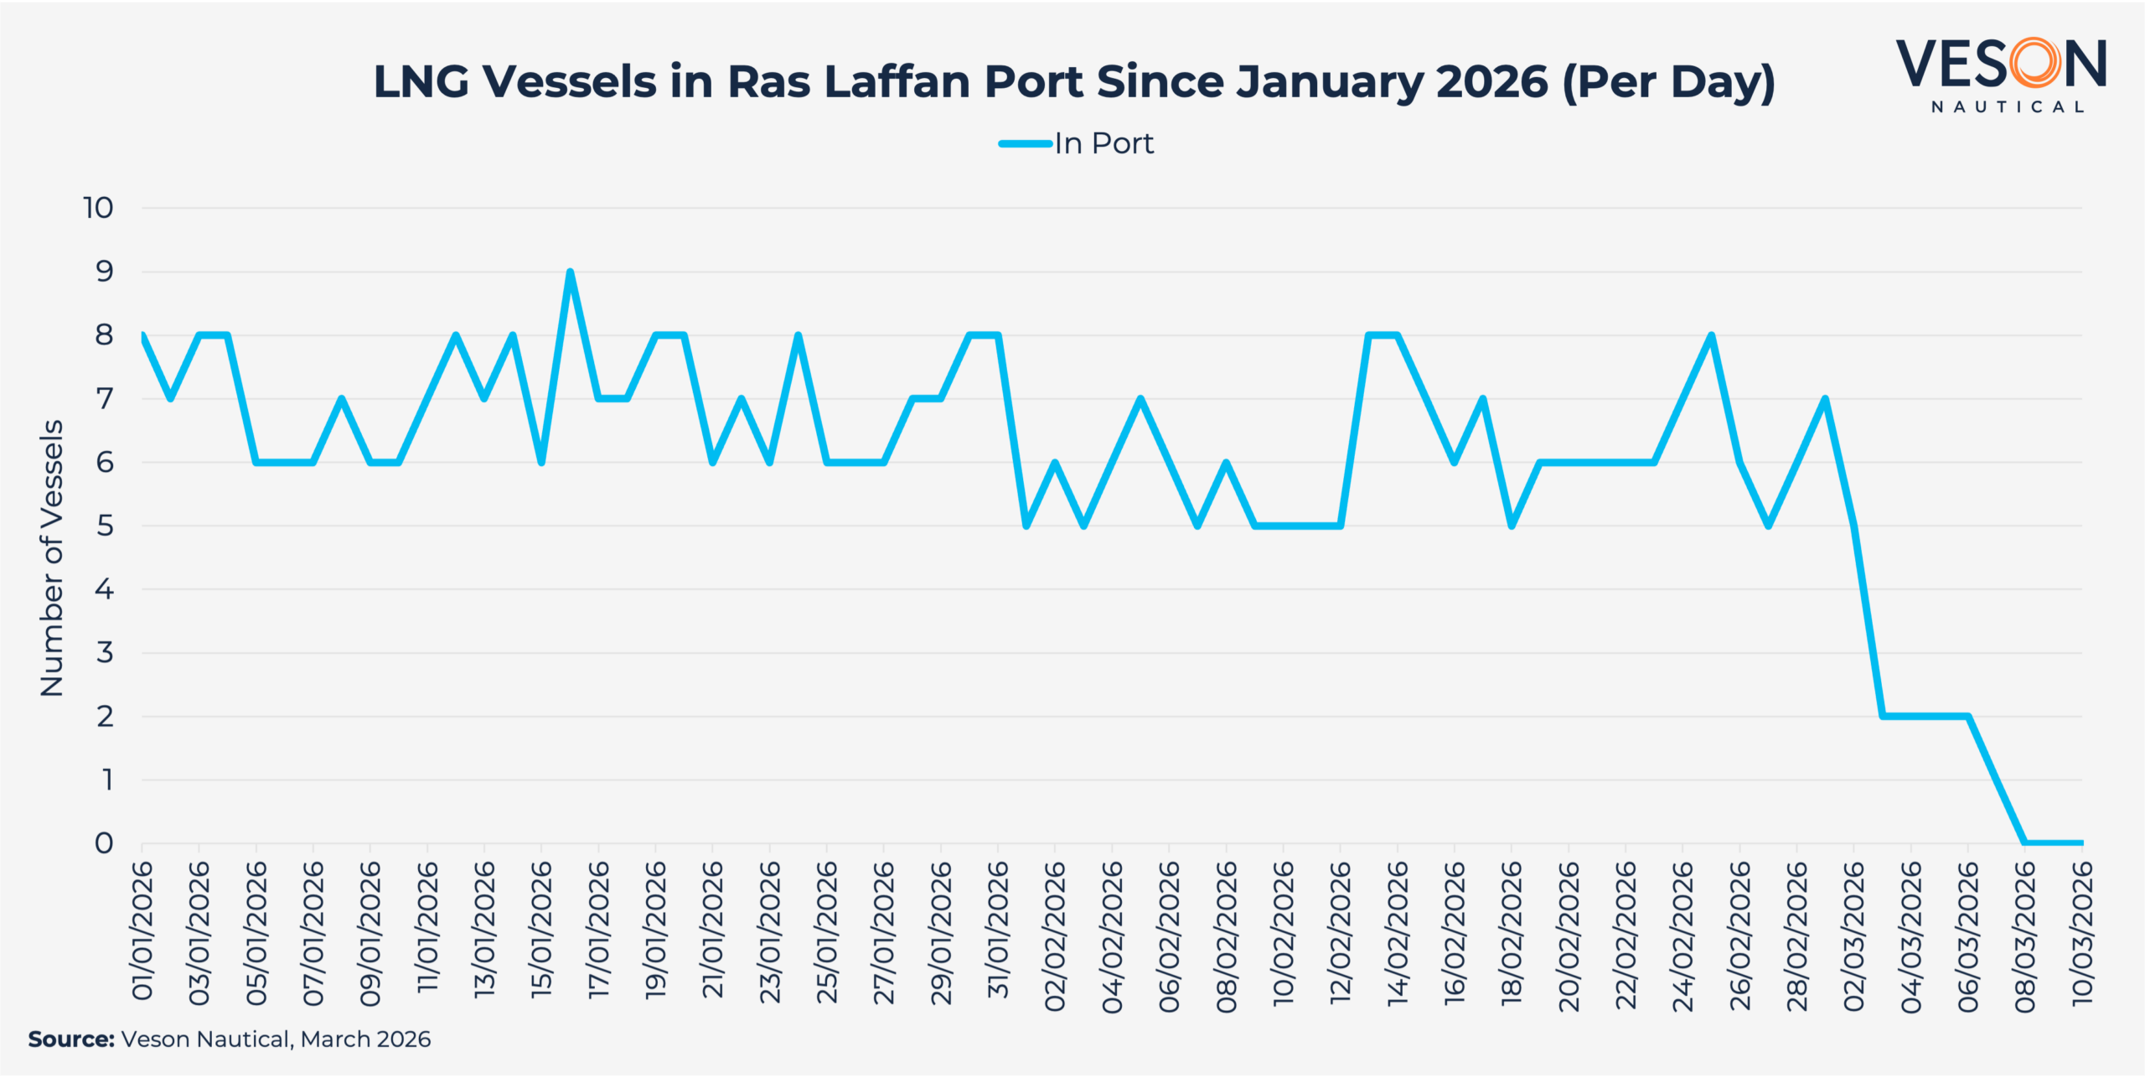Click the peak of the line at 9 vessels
pos(570,272)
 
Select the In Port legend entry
pos(1077,144)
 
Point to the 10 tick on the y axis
pos(98,208)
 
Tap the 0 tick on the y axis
pos(104,843)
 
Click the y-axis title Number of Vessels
pos(52,557)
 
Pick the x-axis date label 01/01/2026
pos(142,930)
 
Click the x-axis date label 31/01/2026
pos(998,930)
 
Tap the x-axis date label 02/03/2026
pos(1854,935)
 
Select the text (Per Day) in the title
pos(1668,82)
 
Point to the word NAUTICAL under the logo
pos(2008,107)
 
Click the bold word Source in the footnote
pos(70,1039)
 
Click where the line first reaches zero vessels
pos(2025,842)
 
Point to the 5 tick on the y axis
pos(104,526)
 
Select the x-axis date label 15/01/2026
pos(541,930)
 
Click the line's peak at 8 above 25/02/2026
pos(1711,335)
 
